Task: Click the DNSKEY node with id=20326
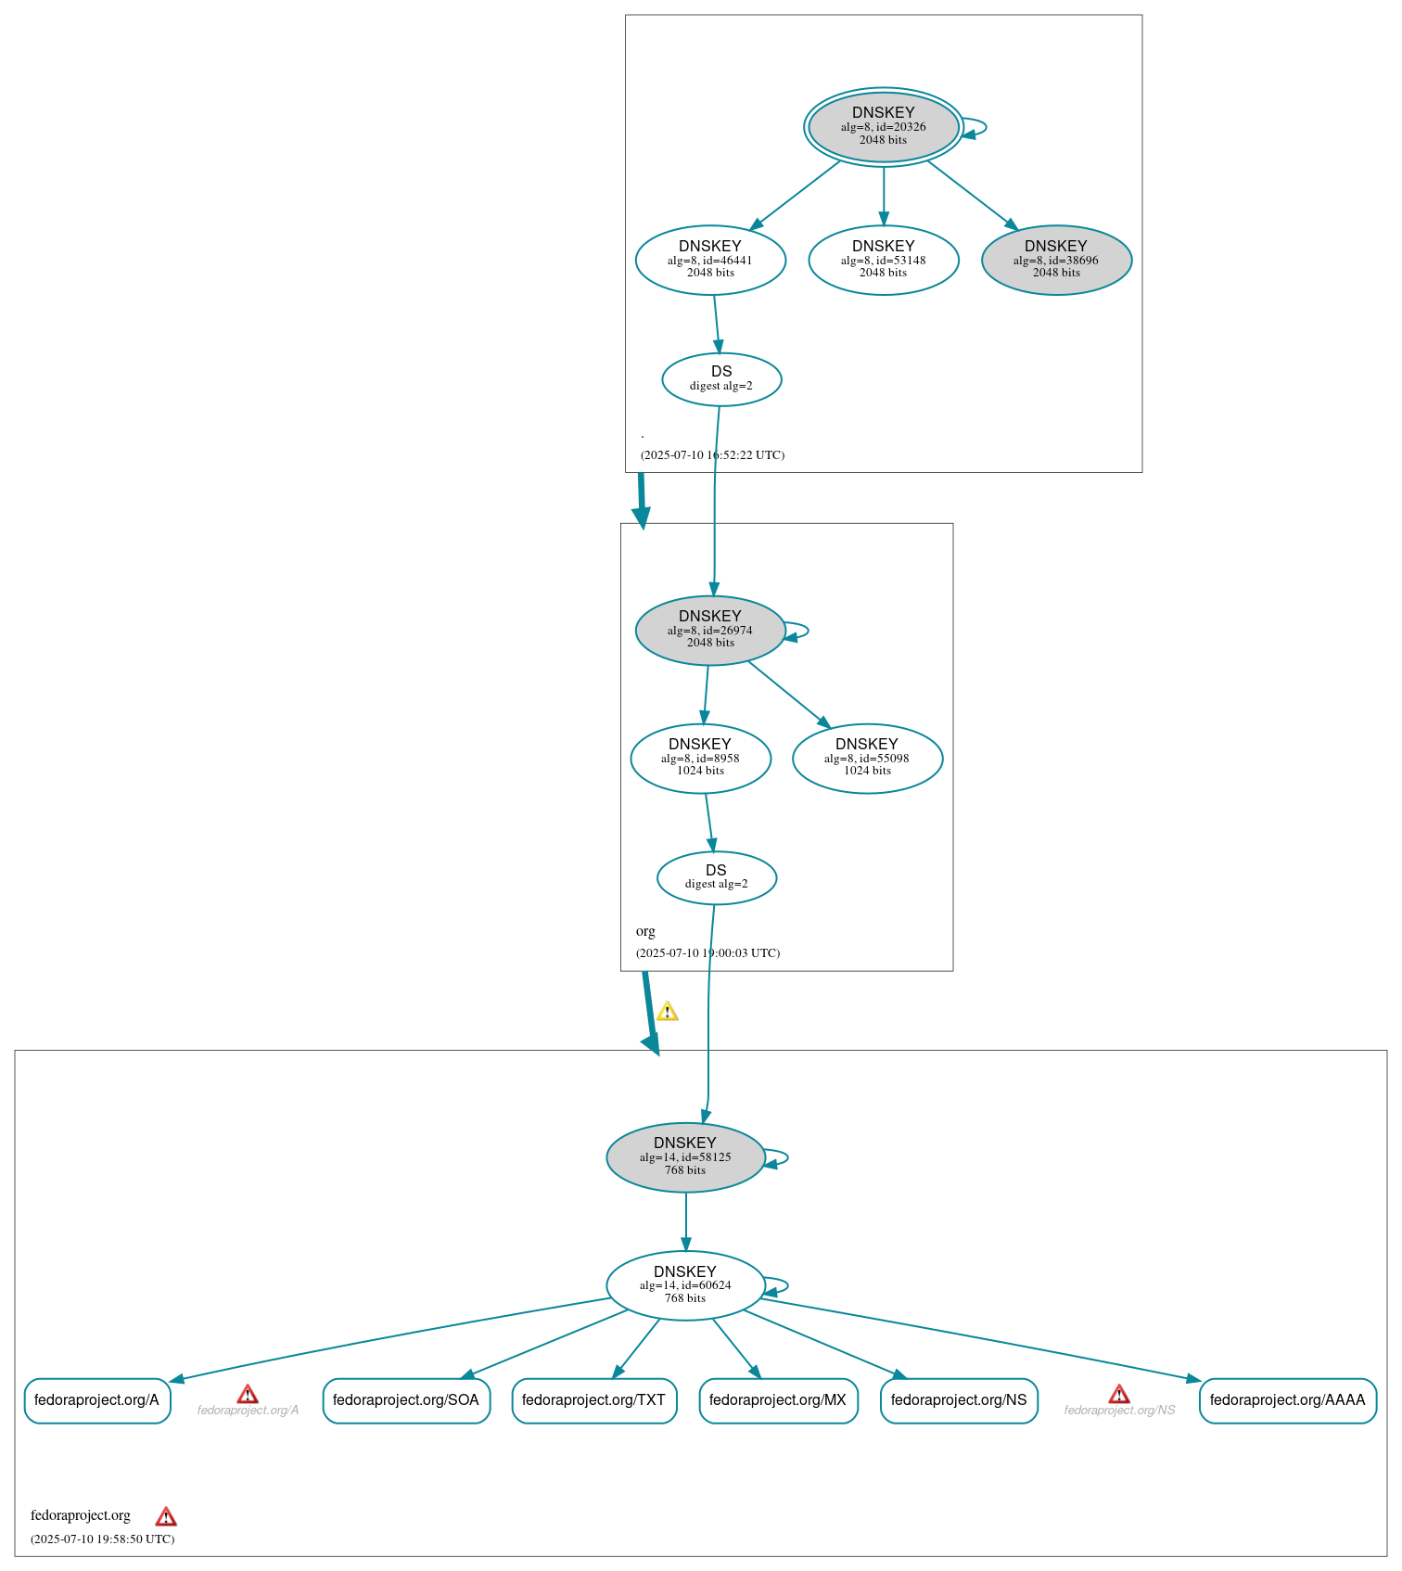click(883, 126)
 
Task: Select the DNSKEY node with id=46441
click(710, 260)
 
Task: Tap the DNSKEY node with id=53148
click(883, 260)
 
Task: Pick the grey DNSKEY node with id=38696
click(1056, 260)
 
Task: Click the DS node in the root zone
click(721, 378)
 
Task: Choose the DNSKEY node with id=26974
click(710, 630)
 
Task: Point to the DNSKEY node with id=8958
click(700, 758)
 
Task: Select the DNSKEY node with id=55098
click(867, 758)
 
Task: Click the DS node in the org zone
click(716, 876)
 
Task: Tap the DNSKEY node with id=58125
click(685, 1156)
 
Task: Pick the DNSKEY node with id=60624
click(685, 1284)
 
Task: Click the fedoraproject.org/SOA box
click(406, 1399)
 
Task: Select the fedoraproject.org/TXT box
click(593, 1399)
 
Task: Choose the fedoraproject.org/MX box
click(778, 1399)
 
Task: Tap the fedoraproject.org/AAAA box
click(1287, 1399)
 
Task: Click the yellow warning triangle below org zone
click(667, 1012)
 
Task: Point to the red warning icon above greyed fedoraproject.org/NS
click(1119, 1394)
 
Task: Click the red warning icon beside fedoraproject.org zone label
click(166, 1516)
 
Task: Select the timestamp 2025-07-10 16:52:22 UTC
click(712, 454)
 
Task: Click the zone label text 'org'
click(645, 931)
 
